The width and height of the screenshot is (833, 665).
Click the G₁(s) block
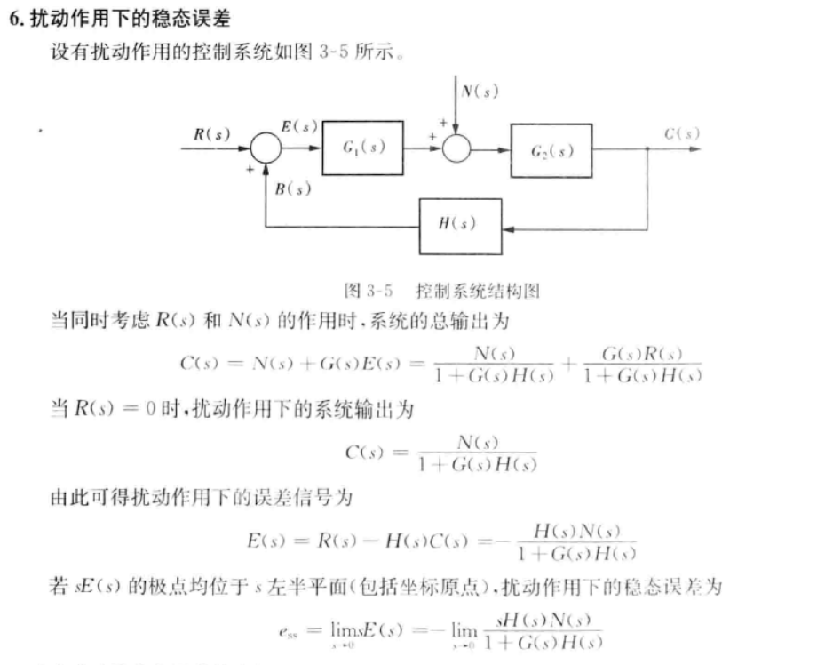363,148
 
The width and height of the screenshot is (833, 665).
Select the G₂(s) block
551,150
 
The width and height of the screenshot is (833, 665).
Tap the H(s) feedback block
459,223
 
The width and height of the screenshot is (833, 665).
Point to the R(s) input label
211,134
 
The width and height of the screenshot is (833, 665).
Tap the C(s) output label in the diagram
681,134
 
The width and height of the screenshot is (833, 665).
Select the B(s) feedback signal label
293,188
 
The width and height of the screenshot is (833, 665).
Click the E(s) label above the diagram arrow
299,126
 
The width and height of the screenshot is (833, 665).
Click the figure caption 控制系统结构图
477,290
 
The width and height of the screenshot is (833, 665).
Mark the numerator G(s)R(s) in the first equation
641,354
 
